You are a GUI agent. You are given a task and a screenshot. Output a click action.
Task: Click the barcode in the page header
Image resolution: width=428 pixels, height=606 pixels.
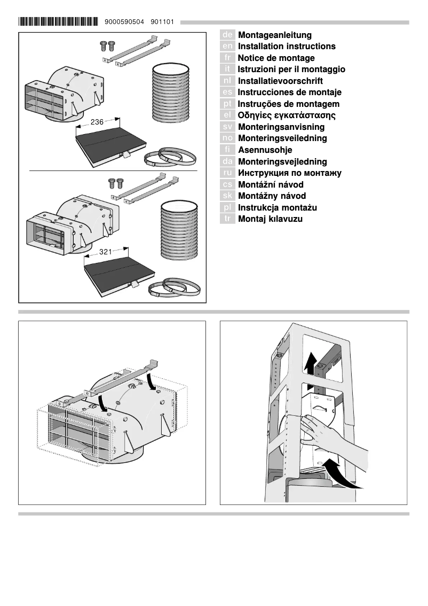pyautogui.click(x=58, y=22)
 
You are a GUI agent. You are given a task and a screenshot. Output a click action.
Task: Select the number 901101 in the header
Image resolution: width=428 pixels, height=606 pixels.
pyautogui.click(x=162, y=22)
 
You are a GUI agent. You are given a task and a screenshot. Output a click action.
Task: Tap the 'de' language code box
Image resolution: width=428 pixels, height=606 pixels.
pyautogui.click(x=227, y=35)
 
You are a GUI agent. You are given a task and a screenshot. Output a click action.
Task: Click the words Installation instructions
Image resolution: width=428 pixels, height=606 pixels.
pyautogui.click(x=287, y=46)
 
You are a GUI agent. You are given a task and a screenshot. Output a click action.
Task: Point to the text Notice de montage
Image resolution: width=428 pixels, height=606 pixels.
pyautogui.click(x=276, y=58)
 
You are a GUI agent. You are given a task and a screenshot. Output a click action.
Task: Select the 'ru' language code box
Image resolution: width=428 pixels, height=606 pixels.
pyautogui.click(x=227, y=173)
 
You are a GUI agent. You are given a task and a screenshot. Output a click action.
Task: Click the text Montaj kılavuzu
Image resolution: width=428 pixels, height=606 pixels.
pyautogui.click(x=270, y=219)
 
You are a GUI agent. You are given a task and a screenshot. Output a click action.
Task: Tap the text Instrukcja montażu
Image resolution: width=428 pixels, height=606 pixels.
pyautogui.click(x=277, y=207)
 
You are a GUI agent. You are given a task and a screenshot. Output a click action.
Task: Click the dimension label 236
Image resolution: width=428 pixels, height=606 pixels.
pyautogui.click(x=97, y=122)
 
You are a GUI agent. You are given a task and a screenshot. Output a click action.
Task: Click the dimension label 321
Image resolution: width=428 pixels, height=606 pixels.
pyautogui.click(x=106, y=251)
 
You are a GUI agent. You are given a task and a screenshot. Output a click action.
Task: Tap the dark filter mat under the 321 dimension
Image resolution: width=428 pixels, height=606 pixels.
pyautogui.click(x=120, y=270)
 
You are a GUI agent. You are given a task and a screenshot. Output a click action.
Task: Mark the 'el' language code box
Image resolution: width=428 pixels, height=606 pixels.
pyautogui.click(x=227, y=115)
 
